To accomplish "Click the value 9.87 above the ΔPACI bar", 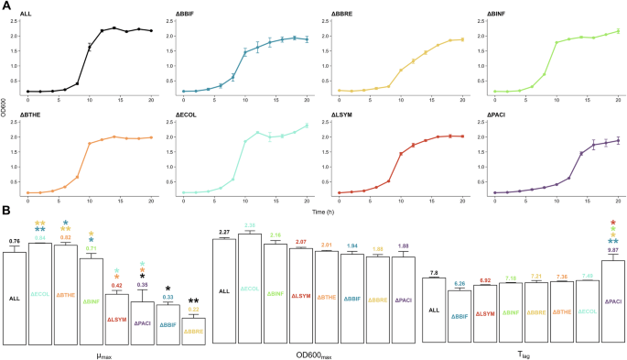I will [x=614, y=250].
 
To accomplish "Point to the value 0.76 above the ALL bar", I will [x=14, y=241].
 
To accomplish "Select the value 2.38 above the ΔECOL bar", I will [x=250, y=225].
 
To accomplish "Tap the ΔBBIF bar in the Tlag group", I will [x=459, y=316].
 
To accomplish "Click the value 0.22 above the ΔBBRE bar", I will [x=193, y=311].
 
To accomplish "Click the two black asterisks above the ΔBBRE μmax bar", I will [x=193, y=301].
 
